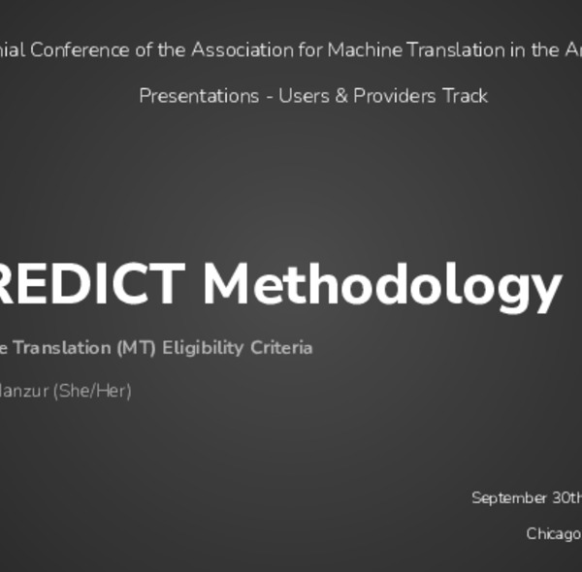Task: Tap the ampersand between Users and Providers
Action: click(341, 96)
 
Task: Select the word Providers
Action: click(390, 96)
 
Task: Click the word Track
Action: click(465, 96)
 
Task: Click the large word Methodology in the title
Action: click(382, 285)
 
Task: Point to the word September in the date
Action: click(509, 498)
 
